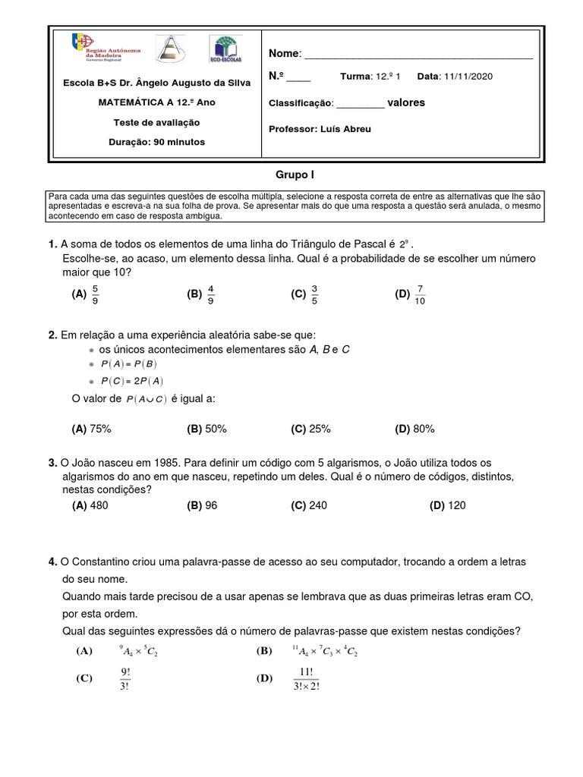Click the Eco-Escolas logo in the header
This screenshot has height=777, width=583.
point(225,49)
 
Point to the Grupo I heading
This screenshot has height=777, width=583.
point(295,175)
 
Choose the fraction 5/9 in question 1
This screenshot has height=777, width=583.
point(95,294)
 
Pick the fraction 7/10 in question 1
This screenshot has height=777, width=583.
point(421,294)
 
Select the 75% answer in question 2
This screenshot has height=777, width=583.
point(100,429)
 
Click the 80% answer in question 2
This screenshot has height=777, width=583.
point(424,429)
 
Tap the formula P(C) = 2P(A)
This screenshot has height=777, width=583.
point(132,382)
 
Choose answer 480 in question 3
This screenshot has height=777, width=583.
point(99,505)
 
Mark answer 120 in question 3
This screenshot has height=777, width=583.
point(456,505)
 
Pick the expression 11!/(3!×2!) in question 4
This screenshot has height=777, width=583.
point(305,678)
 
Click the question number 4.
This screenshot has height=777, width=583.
point(52,562)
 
